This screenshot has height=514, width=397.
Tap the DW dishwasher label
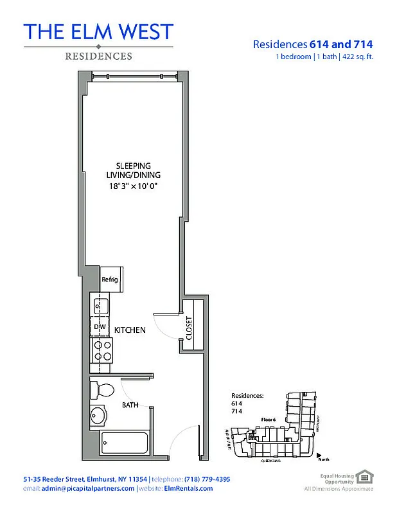coord(100,327)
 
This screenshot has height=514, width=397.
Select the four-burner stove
coord(101,350)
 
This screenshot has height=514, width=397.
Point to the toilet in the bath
coord(101,389)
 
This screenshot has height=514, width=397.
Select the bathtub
coord(125,443)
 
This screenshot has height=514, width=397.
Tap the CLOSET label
coord(190,328)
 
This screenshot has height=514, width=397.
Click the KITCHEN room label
coord(130,330)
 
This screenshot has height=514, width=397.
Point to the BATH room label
coord(130,405)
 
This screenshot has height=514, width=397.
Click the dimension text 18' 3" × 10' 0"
coord(133,186)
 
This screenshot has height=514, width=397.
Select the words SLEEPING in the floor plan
coord(134,166)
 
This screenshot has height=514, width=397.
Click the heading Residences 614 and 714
coord(313,44)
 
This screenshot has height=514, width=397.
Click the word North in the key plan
coord(324,461)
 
